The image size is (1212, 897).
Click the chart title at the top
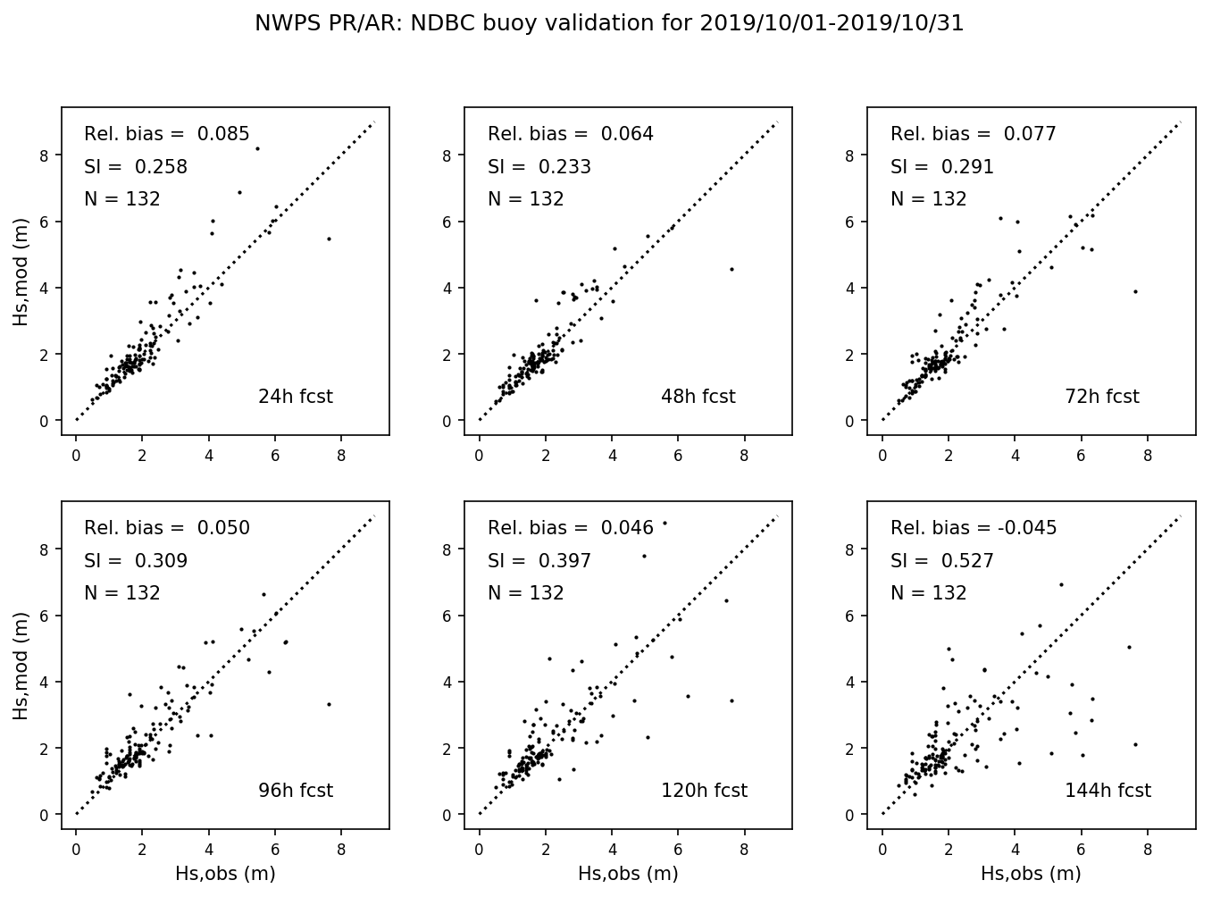click(609, 23)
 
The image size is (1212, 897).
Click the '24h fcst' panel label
click(295, 397)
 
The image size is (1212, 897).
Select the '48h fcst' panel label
click(698, 397)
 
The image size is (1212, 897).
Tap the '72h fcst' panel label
click(1101, 397)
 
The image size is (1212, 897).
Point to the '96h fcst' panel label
click(295, 791)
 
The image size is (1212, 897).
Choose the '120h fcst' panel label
click(704, 791)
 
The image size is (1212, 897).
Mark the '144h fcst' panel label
click(1108, 791)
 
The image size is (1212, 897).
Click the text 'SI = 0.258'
click(136, 167)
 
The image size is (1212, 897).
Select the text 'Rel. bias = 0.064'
click(570, 134)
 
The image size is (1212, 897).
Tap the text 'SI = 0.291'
click(941, 167)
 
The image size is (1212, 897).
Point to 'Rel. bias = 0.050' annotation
click(167, 528)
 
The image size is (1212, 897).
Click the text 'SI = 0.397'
click(539, 561)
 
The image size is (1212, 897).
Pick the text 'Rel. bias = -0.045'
click(974, 528)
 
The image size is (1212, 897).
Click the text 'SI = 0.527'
click(941, 561)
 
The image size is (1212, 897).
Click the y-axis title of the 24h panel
click(21, 272)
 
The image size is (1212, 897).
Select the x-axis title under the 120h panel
click(628, 874)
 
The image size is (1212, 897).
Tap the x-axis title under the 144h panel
click(1031, 874)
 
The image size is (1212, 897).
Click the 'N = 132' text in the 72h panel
click(928, 199)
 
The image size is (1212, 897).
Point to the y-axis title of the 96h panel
click(21, 666)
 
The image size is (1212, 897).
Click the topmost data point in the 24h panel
click(257, 148)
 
